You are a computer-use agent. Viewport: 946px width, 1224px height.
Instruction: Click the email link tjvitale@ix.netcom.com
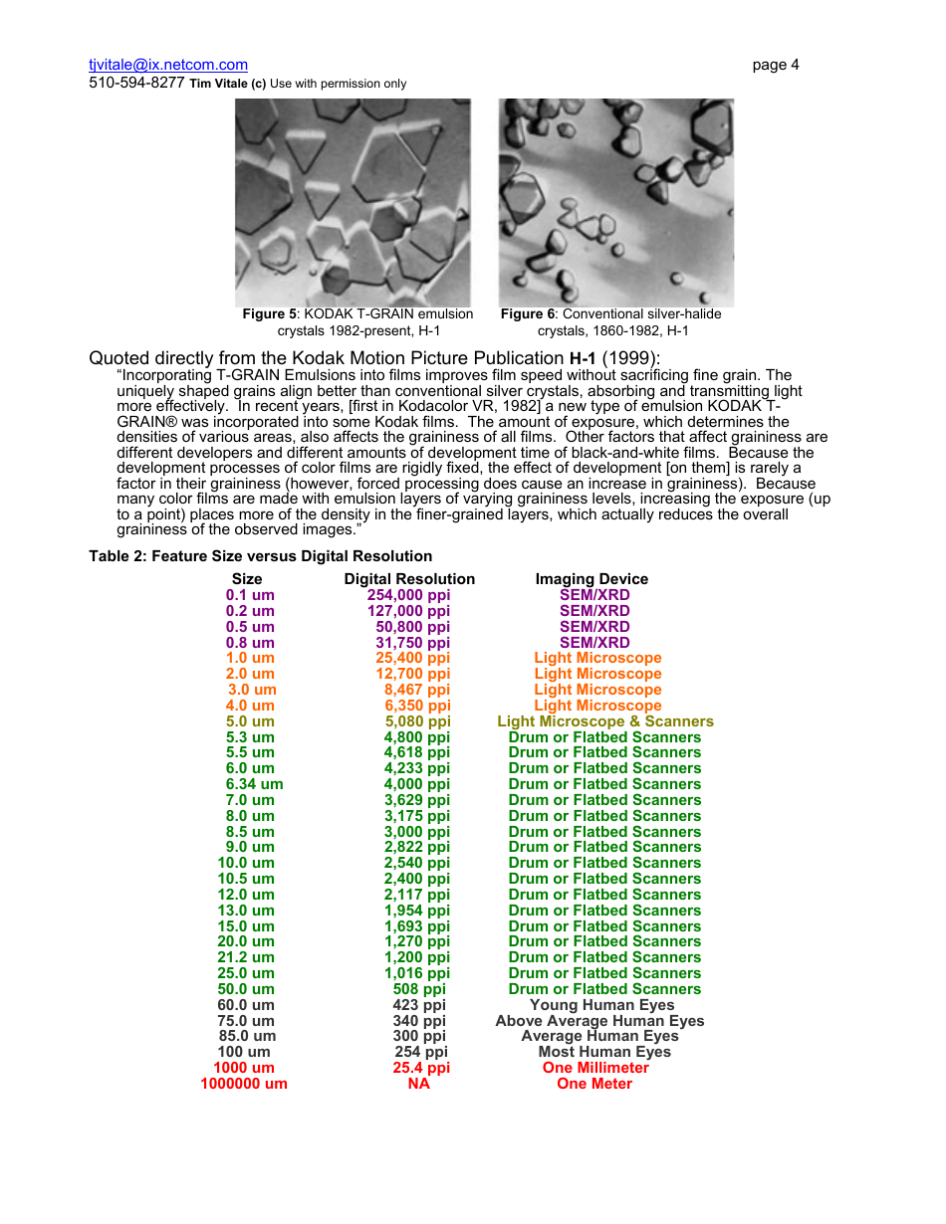pos(168,65)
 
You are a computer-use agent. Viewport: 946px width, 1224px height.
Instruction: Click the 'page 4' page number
pos(775,65)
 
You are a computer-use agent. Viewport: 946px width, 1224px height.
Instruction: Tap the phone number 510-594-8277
pos(136,84)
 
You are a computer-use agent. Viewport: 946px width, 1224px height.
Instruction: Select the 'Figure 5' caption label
pos(270,314)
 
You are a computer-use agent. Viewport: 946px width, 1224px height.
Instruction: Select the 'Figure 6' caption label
pos(528,314)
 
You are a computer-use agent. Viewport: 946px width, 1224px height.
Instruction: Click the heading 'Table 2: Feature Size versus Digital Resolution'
pos(260,556)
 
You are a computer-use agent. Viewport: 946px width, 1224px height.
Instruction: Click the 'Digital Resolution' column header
pos(409,579)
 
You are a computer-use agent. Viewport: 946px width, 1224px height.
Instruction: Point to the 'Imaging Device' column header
pos(591,579)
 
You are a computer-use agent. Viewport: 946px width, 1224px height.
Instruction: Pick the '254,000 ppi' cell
pos(408,595)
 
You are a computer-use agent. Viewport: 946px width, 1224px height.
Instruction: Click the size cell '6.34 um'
pos(254,784)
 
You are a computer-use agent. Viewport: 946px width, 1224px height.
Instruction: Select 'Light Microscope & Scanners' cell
pos(604,721)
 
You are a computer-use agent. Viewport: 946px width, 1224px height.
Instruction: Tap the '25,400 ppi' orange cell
pos(412,658)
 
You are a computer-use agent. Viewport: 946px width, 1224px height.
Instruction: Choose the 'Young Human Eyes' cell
pos(601,1005)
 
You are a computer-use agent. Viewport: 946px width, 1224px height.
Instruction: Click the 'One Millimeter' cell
pos(595,1068)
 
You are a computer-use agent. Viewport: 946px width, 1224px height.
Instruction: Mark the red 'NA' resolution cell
pos(418,1084)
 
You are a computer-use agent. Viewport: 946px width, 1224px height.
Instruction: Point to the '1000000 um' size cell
pos(244,1084)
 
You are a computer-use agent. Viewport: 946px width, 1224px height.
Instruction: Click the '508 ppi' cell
pos(419,989)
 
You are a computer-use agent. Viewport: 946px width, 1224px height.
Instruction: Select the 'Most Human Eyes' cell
pos(604,1052)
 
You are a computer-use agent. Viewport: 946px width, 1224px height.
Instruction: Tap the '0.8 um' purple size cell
pos(250,643)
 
